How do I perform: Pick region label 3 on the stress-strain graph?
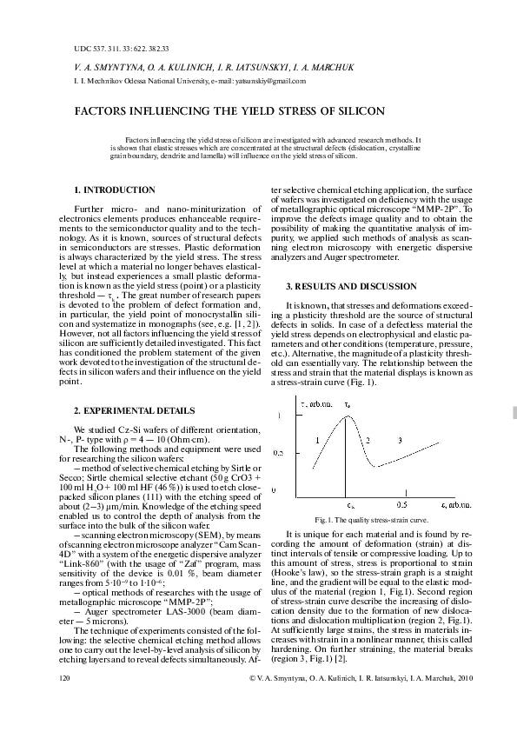pyautogui.click(x=399, y=441)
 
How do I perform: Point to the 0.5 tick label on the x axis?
pyautogui.click(x=401, y=503)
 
